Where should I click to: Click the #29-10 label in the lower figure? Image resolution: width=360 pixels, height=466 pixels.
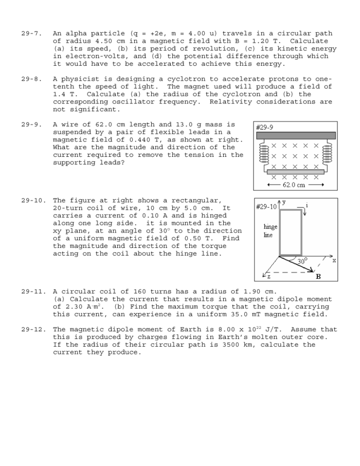click(x=266, y=206)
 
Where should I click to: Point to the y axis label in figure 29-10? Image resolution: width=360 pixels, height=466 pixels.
click(x=283, y=202)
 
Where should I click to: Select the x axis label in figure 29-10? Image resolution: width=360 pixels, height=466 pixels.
click(x=334, y=260)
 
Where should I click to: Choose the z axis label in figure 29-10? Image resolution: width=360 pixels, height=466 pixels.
click(x=268, y=277)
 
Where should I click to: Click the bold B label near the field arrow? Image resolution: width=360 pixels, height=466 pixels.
click(x=318, y=277)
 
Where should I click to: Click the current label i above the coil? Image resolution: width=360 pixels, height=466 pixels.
click(x=307, y=205)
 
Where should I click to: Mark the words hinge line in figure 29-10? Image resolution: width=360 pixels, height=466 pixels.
click(x=270, y=231)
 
